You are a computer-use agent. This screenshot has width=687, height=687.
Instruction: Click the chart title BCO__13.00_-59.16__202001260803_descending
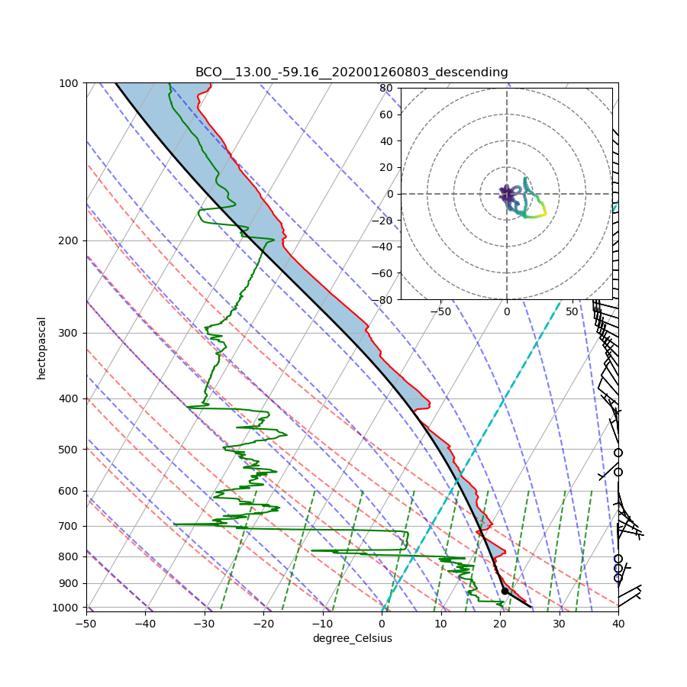pyautogui.click(x=351, y=73)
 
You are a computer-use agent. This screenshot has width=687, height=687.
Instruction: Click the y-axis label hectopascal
pyautogui.click(x=41, y=347)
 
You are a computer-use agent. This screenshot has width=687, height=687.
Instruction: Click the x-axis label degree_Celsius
pyautogui.click(x=352, y=638)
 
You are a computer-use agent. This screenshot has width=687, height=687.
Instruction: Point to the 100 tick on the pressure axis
pyautogui.click(x=69, y=82)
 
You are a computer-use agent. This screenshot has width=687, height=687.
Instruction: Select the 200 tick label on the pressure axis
pyautogui.click(x=69, y=240)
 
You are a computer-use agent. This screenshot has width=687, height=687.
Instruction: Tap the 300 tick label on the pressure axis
pyautogui.click(x=69, y=333)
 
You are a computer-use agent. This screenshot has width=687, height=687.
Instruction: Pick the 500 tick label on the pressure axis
pyautogui.click(x=69, y=449)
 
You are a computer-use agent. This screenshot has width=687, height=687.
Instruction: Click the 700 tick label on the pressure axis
pyautogui.click(x=69, y=526)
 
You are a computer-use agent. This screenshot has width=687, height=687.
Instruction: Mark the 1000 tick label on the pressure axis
pyautogui.click(x=67, y=608)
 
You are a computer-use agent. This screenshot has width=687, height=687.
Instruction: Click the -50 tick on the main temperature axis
pyautogui.click(x=86, y=624)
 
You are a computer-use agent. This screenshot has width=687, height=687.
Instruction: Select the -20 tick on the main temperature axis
pyautogui.click(x=263, y=624)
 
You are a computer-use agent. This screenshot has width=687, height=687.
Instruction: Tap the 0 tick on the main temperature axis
pyautogui.click(x=382, y=624)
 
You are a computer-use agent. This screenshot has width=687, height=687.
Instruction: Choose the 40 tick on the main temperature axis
pyautogui.click(x=618, y=624)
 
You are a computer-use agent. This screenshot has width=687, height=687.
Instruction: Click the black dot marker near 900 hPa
pyautogui.click(x=505, y=591)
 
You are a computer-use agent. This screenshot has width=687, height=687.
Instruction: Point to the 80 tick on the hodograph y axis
pyautogui.click(x=386, y=88)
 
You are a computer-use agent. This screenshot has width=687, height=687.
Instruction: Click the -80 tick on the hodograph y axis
pyautogui.click(x=384, y=300)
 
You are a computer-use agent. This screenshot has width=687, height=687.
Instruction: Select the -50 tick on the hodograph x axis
pyautogui.click(x=440, y=311)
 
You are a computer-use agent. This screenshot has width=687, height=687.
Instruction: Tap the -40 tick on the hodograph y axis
pyautogui.click(x=384, y=247)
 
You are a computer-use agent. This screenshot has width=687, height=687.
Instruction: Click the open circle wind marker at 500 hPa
pyautogui.click(x=618, y=453)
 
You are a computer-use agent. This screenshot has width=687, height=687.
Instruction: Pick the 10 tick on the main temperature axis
pyautogui.click(x=441, y=624)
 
